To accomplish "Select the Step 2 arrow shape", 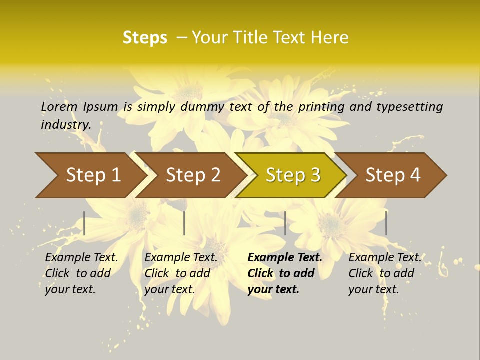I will click(193, 175).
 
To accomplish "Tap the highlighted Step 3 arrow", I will click(293, 175).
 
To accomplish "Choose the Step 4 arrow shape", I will click(393, 175).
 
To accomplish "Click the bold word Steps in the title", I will click(145, 38).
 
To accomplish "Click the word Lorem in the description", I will click(59, 107).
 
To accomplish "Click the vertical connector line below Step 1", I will click(84, 223).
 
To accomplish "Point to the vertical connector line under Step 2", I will click(184, 223).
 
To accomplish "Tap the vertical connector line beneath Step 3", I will click(285, 223).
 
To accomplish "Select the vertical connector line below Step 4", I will click(386, 223).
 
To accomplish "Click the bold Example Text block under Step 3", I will click(284, 273).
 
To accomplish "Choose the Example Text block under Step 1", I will click(81, 273).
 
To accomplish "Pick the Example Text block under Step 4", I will click(384, 273).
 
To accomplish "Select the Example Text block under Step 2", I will click(181, 273).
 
